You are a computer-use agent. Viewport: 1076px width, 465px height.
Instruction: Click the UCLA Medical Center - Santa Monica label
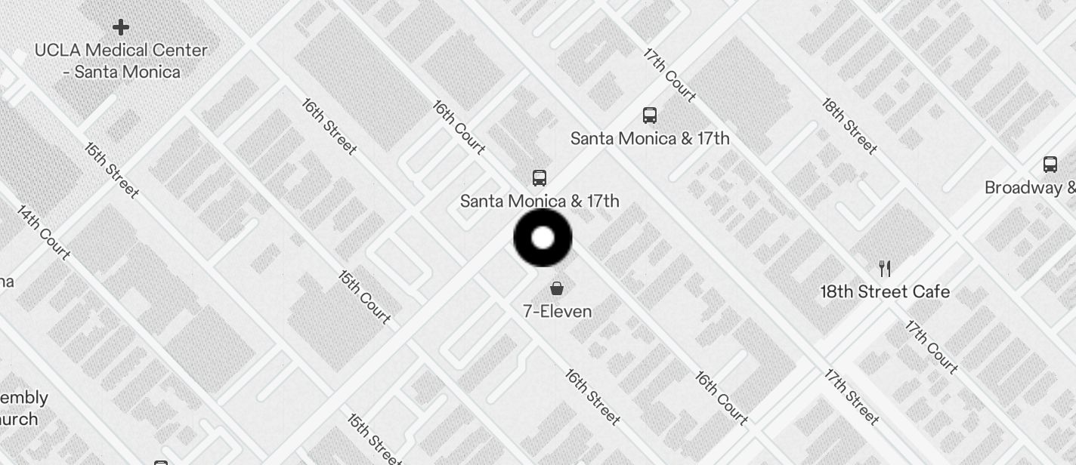coord(121,61)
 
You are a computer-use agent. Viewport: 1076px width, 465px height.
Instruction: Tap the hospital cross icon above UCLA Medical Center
coord(120,28)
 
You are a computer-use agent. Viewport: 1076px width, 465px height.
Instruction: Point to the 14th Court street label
coord(44,232)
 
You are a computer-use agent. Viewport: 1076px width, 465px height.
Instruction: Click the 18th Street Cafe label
coord(885,291)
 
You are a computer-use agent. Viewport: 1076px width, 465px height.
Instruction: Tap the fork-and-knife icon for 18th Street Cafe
coord(885,268)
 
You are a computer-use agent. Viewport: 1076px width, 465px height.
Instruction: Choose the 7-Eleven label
coord(557,311)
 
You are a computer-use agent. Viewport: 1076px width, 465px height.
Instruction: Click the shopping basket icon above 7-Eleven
coord(557,288)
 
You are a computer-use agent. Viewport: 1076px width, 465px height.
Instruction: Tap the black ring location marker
coord(543,238)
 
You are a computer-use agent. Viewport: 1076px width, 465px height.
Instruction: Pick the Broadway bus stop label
coord(1030,188)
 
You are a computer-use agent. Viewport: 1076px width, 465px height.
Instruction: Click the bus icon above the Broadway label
coord(1050,165)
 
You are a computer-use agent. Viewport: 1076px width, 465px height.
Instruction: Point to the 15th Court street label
coord(364,297)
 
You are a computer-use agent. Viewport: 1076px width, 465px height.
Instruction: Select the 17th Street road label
coord(852,396)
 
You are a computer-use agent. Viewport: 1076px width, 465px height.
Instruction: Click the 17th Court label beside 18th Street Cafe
coord(932,347)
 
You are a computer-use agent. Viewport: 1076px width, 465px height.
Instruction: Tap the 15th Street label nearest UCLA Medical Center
coord(112,171)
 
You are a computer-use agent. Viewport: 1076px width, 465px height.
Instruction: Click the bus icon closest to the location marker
coord(539,178)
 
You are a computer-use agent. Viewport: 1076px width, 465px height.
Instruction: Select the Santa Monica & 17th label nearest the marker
coord(540,201)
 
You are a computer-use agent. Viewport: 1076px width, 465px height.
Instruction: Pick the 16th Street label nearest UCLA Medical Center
coord(329,126)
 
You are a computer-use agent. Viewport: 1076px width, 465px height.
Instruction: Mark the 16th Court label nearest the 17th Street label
coord(722,398)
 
